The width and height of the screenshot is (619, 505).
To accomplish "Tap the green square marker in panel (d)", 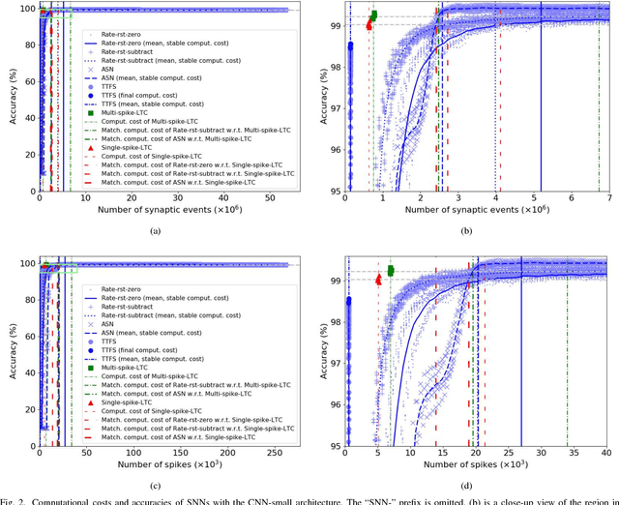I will (x=391, y=271).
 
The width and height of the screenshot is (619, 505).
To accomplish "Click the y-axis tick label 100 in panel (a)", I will (x=24, y=10).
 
